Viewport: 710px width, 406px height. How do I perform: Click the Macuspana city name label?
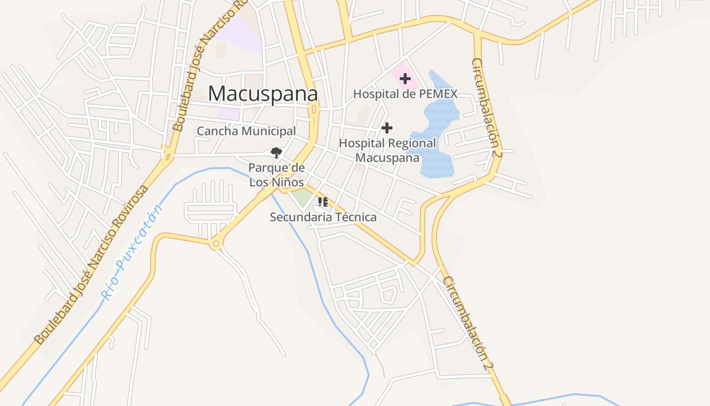(x=263, y=94)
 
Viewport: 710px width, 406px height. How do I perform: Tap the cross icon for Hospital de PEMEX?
(x=405, y=79)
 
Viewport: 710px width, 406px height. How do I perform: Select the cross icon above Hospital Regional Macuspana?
(x=387, y=128)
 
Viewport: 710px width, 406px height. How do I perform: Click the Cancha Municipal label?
(x=246, y=131)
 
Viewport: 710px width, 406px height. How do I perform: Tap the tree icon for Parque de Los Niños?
(x=276, y=152)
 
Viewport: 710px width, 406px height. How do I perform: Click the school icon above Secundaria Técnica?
(x=323, y=202)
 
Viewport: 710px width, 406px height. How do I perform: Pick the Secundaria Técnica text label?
(x=323, y=217)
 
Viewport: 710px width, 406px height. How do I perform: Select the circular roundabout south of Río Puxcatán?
(x=216, y=244)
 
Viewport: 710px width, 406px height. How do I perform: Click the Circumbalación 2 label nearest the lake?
(x=486, y=107)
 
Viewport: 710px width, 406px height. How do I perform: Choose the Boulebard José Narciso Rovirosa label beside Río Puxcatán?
(x=91, y=264)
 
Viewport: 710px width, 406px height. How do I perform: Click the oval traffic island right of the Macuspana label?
(x=314, y=109)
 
